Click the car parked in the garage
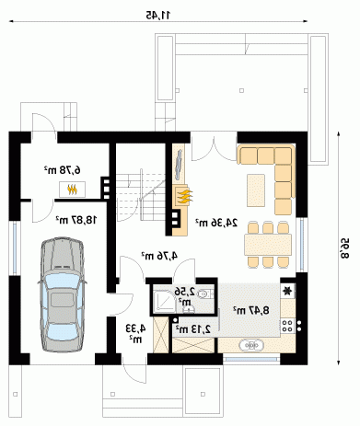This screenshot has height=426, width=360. pyautogui.click(x=63, y=294)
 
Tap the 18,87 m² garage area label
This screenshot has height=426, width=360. pyautogui.click(x=76, y=220)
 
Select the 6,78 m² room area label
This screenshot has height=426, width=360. pyautogui.click(x=63, y=169)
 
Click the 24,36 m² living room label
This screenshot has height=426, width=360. pyautogui.click(x=216, y=223)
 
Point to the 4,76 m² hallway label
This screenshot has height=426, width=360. pyautogui.click(x=159, y=256)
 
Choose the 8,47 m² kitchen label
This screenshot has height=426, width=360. pyautogui.click(x=251, y=310)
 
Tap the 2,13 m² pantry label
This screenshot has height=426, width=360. pyautogui.click(x=193, y=329)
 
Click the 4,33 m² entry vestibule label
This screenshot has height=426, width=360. pyautogui.click(x=135, y=333)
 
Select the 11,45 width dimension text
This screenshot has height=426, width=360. pyautogui.click(x=157, y=15)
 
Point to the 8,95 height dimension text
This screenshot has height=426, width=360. pyautogui.click(x=344, y=248)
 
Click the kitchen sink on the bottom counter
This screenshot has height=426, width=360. pyautogui.click(x=251, y=346)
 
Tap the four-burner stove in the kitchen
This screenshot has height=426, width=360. pyautogui.click(x=287, y=326)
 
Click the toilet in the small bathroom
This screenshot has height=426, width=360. pyautogui.click(x=203, y=294)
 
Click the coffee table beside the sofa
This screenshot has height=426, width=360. pyautogui.click(x=256, y=190)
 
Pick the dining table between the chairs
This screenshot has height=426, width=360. pyautogui.click(x=268, y=245)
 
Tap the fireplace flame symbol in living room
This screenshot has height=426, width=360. pyautogui.click(x=184, y=196)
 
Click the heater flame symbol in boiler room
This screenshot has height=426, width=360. pyautogui.click(x=72, y=190)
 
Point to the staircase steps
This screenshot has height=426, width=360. pyautogui.click(x=140, y=197)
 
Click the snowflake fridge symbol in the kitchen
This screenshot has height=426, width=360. pyautogui.click(x=287, y=291)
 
